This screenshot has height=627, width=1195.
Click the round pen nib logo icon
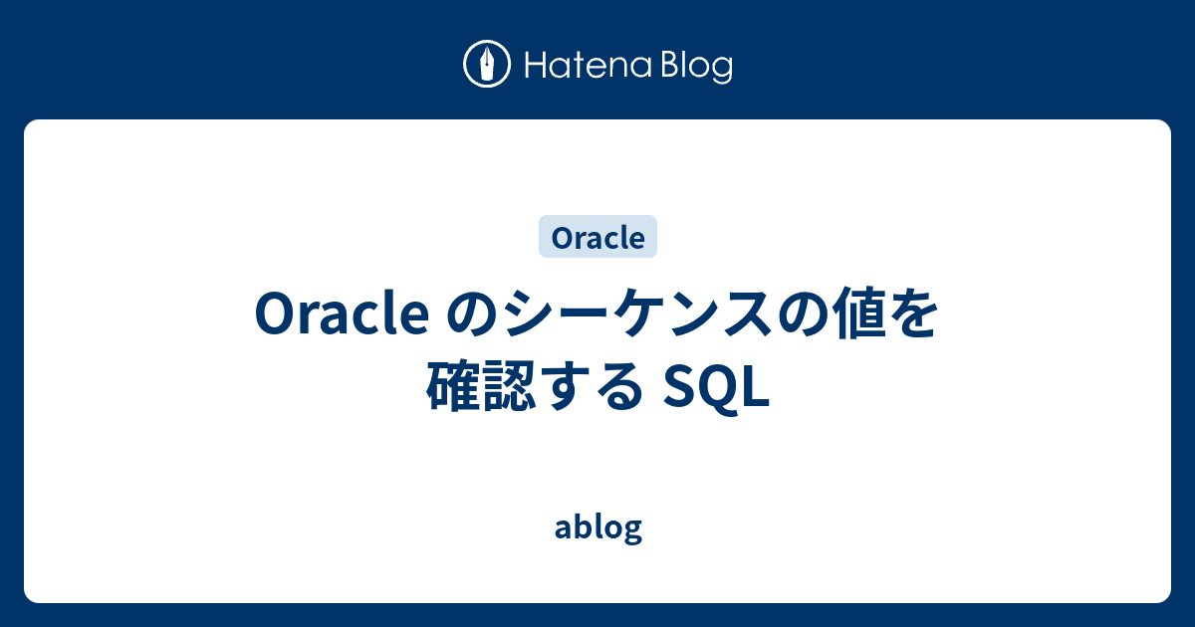[x=487, y=66]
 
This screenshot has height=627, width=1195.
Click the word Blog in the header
[x=695, y=67]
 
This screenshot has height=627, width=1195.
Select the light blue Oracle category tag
[x=597, y=238]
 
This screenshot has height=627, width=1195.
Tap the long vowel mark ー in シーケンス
[x=585, y=316]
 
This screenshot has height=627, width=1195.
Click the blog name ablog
[x=597, y=528]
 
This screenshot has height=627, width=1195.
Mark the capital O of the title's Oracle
[x=276, y=316]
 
